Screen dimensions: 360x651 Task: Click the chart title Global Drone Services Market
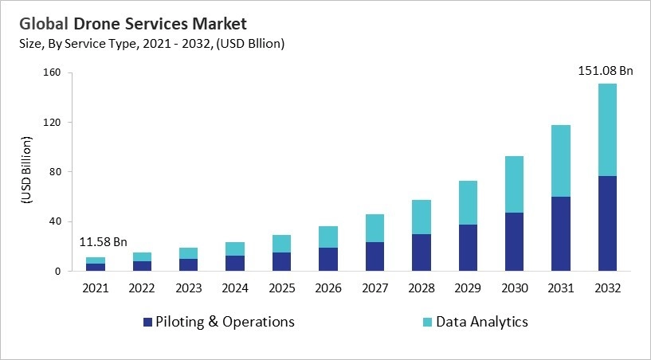(134, 23)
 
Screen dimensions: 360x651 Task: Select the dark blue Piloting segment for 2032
(607, 223)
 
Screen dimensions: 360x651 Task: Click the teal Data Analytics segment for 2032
(607, 130)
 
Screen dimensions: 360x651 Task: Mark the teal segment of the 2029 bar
(468, 202)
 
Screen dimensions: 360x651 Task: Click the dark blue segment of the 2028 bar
(422, 252)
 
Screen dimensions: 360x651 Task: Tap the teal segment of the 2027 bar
(375, 228)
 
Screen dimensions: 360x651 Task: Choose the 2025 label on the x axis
(281, 288)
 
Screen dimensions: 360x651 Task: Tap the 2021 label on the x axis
(95, 288)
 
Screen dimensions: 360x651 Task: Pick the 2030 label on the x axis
(515, 288)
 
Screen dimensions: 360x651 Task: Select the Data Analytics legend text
(480, 322)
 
